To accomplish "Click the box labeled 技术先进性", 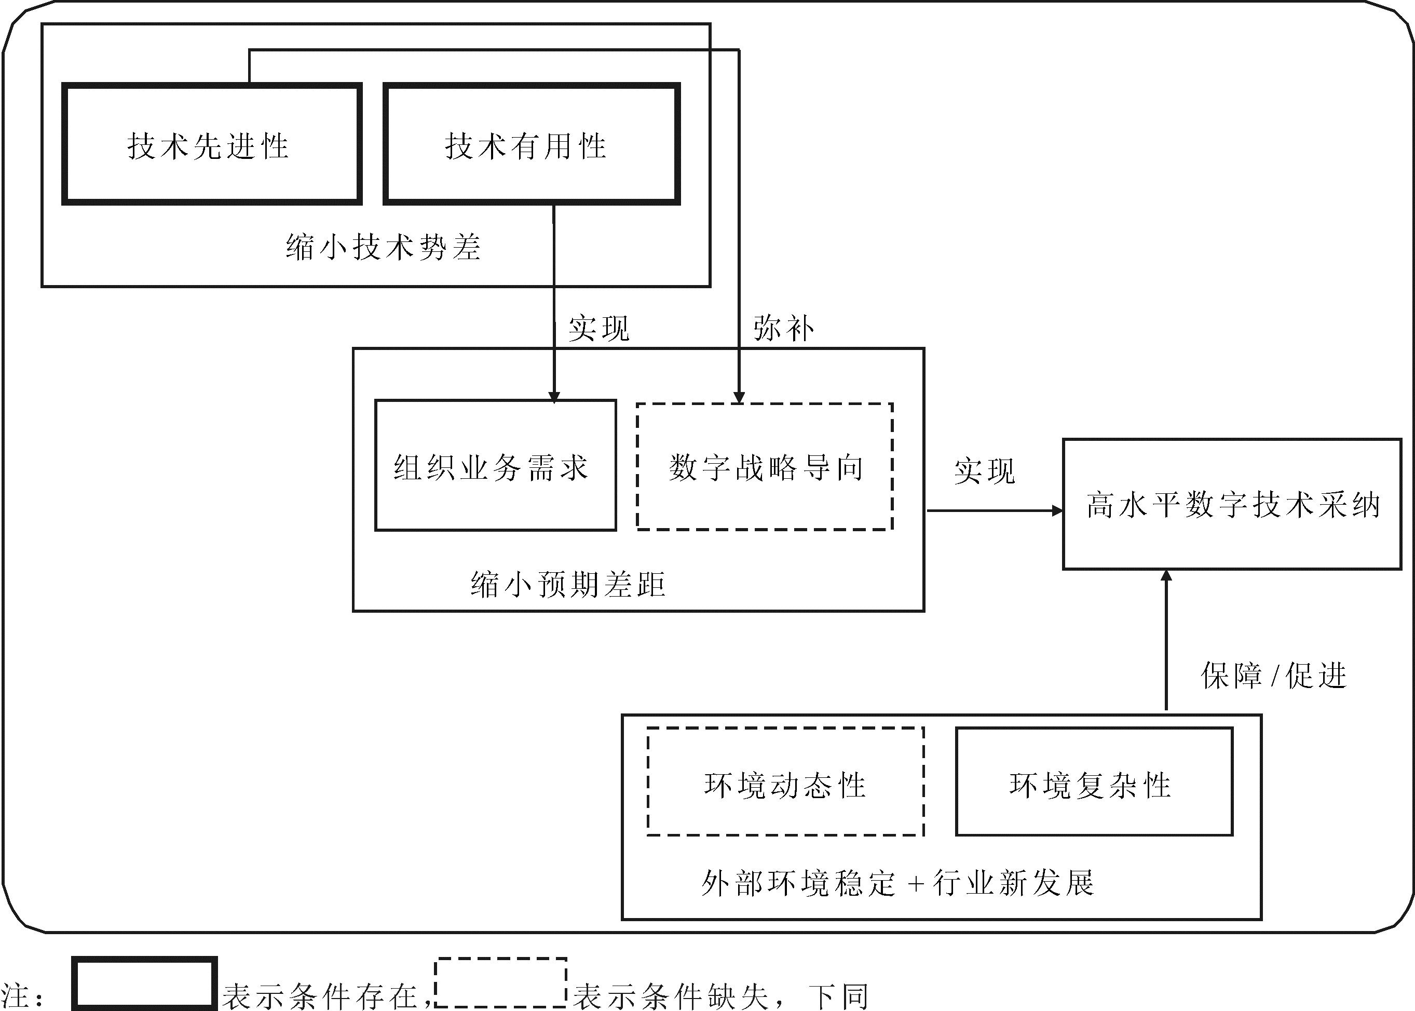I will click(212, 144).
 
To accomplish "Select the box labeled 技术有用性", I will click(531, 144).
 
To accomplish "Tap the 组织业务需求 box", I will click(495, 466).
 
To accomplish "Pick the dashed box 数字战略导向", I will click(765, 467).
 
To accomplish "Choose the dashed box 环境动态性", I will click(785, 783).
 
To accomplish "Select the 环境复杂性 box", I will click(1094, 783).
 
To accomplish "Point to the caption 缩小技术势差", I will click(383, 247).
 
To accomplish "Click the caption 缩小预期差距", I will click(568, 584).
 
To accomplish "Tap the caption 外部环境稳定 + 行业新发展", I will click(897, 882).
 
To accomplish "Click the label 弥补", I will click(783, 328).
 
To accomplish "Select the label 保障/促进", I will click(1273, 676).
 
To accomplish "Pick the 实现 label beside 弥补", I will click(598, 328).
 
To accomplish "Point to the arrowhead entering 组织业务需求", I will click(554, 397).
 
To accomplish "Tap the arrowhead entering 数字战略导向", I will click(739, 397).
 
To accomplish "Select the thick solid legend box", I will click(144, 983).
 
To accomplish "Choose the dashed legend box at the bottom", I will click(501, 982).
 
